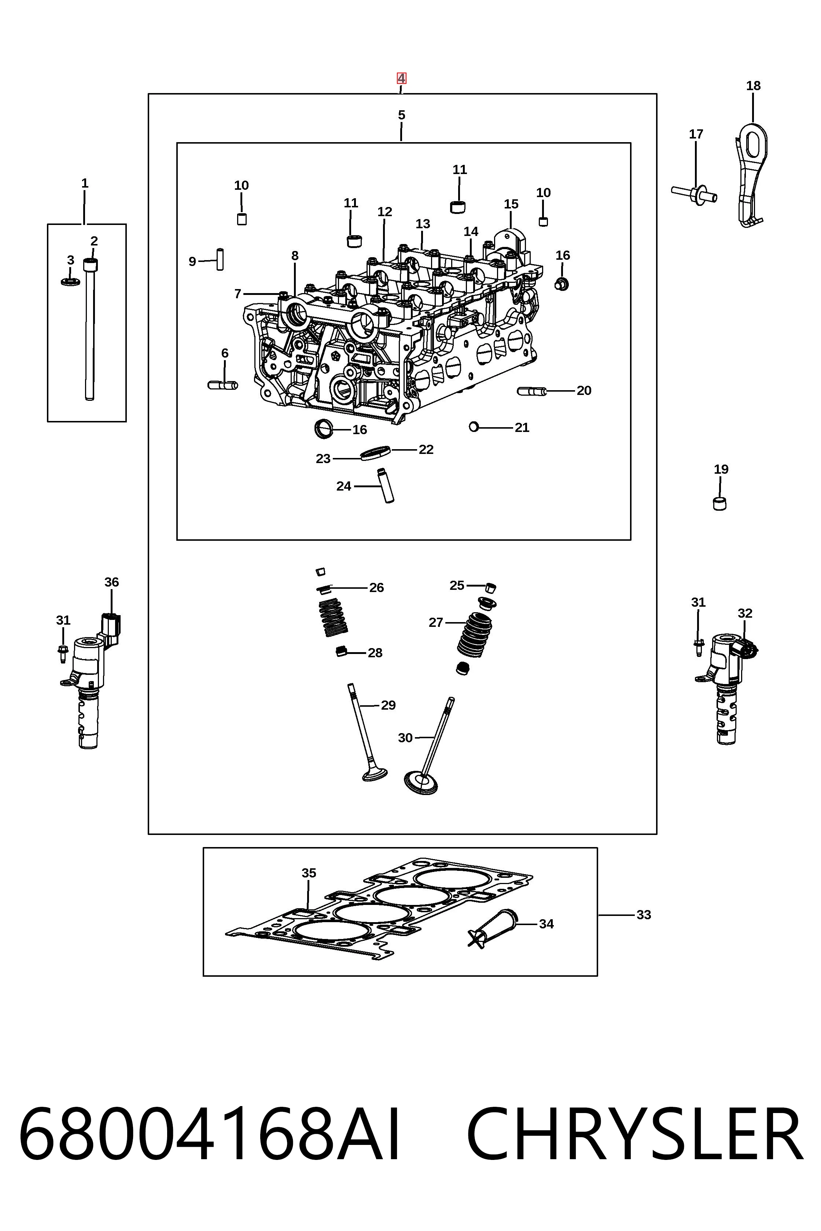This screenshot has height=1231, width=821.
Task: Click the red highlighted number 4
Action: click(x=401, y=78)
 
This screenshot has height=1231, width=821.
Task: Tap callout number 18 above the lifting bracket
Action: click(x=753, y=86)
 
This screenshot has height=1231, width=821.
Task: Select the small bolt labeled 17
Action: click(x=694, y=194)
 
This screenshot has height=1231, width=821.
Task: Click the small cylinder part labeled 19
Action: click(x=720, y=503)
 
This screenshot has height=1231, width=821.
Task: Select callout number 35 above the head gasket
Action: click(x=309, y=873)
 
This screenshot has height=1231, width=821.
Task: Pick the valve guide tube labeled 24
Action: click(x=386, y=485)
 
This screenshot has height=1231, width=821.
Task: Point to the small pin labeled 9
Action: click(x=220, y=259)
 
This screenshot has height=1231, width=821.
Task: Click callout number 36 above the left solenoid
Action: click(x=111, y=582)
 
